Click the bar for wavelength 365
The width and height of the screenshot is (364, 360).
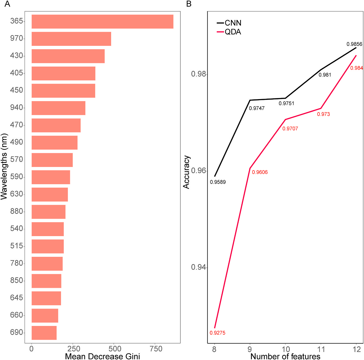pyautogui.click(x=102, y=22)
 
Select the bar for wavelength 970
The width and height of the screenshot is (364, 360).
pyautogui.click(x=71, y=39)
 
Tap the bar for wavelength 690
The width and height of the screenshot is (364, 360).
pyautogui.click(x=44, y=333)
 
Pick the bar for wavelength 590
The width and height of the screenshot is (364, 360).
pyautogui.click(x=51, y=177)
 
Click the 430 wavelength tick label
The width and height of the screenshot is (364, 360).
pyautogui.click(x=16, y=56)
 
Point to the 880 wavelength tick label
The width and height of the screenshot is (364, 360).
pyautogui.click(x=16, y=211)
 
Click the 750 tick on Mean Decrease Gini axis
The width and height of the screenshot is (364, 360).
pyautogui.click(x=156, y=349)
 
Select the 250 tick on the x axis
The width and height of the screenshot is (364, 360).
pyautogui.click(x=74, y=349)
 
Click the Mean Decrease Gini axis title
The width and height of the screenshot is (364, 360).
pyautogui.click(x=102, y=356)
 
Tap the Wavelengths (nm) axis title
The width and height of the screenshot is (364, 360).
pyautogui.click(x=4, y=166)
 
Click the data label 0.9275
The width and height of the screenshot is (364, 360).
pyautogui.click(x=217, y=333)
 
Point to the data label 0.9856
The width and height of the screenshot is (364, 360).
pyautogui.click(x=354, y=44)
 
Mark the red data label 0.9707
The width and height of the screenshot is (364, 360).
pyautogui.click(x=290, y=129)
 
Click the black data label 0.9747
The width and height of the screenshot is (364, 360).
pyautogui.click(x=256, y=108)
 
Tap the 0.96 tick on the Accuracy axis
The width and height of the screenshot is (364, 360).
pyautogui.click(x=199, y=171)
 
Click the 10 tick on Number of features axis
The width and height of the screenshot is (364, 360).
pyautogui.click(x=285, y=349)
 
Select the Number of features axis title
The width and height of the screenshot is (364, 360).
pyautogui.click(x=285, y=356)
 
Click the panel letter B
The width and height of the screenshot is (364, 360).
pyautogui.click(x=189, y=4)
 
